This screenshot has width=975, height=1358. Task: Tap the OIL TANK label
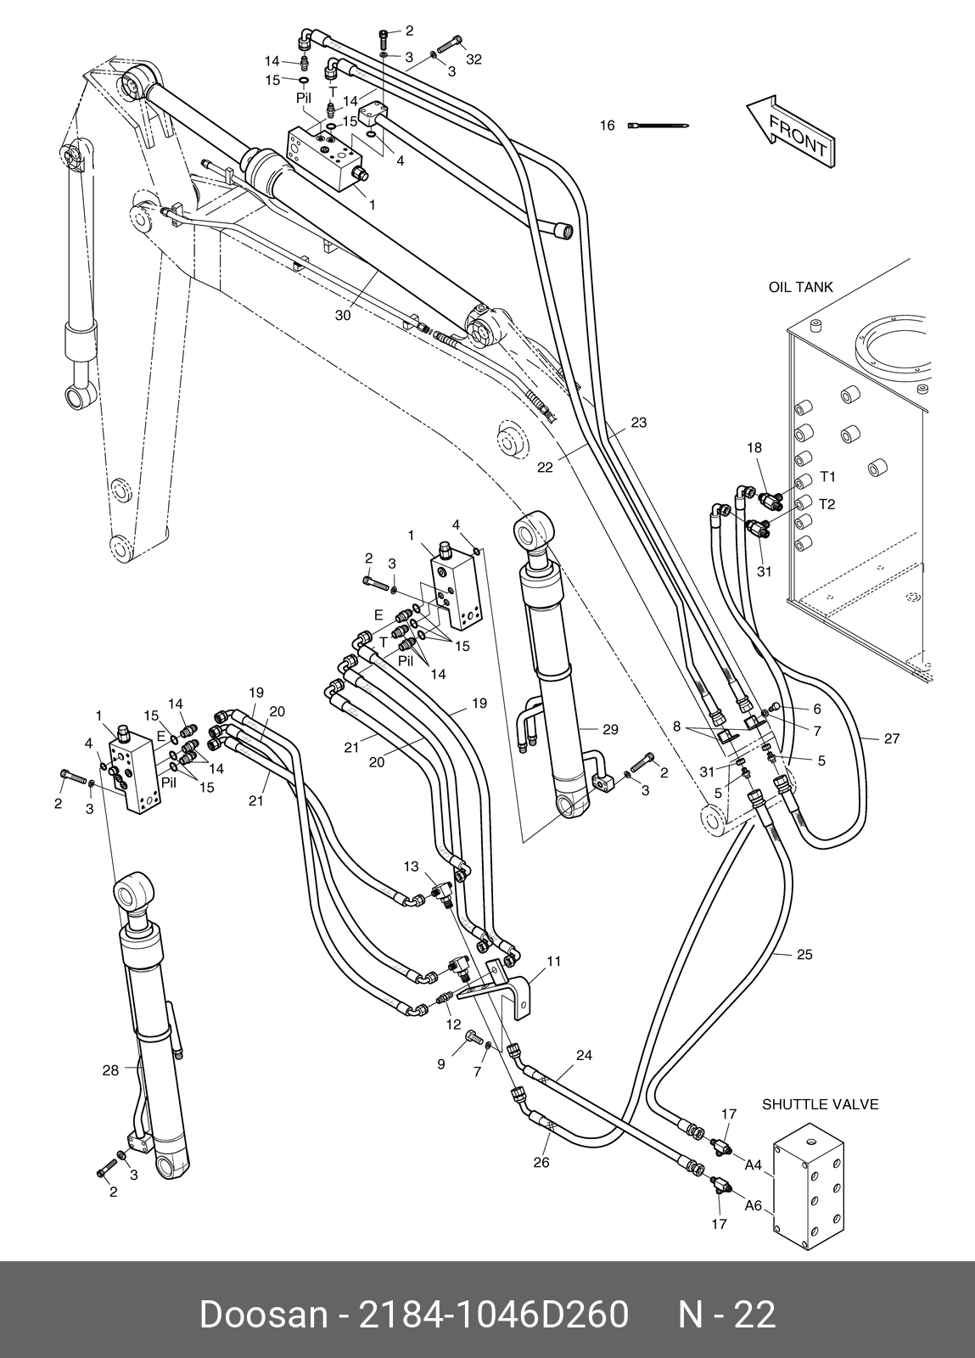[800, 287]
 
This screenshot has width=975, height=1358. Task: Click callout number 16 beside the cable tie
[608, 126]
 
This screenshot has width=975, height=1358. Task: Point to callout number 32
[473, 59]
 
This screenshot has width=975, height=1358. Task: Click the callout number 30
[343, 315]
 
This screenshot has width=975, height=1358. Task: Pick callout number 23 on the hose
[639, 422]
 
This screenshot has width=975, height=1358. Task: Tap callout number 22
[546, 468]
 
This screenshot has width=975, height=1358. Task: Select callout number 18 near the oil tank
[754, 447]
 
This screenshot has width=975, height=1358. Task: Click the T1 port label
[827, 476]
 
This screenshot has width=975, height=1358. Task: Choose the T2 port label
[827, 504]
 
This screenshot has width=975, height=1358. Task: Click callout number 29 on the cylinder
[610, 729]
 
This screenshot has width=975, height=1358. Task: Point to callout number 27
[892, 738]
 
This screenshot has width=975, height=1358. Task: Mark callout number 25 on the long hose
[804, 954]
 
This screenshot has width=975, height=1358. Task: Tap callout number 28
[110, 1070]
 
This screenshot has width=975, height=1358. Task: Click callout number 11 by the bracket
[554, 961]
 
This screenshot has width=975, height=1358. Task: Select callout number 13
[411, 867]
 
